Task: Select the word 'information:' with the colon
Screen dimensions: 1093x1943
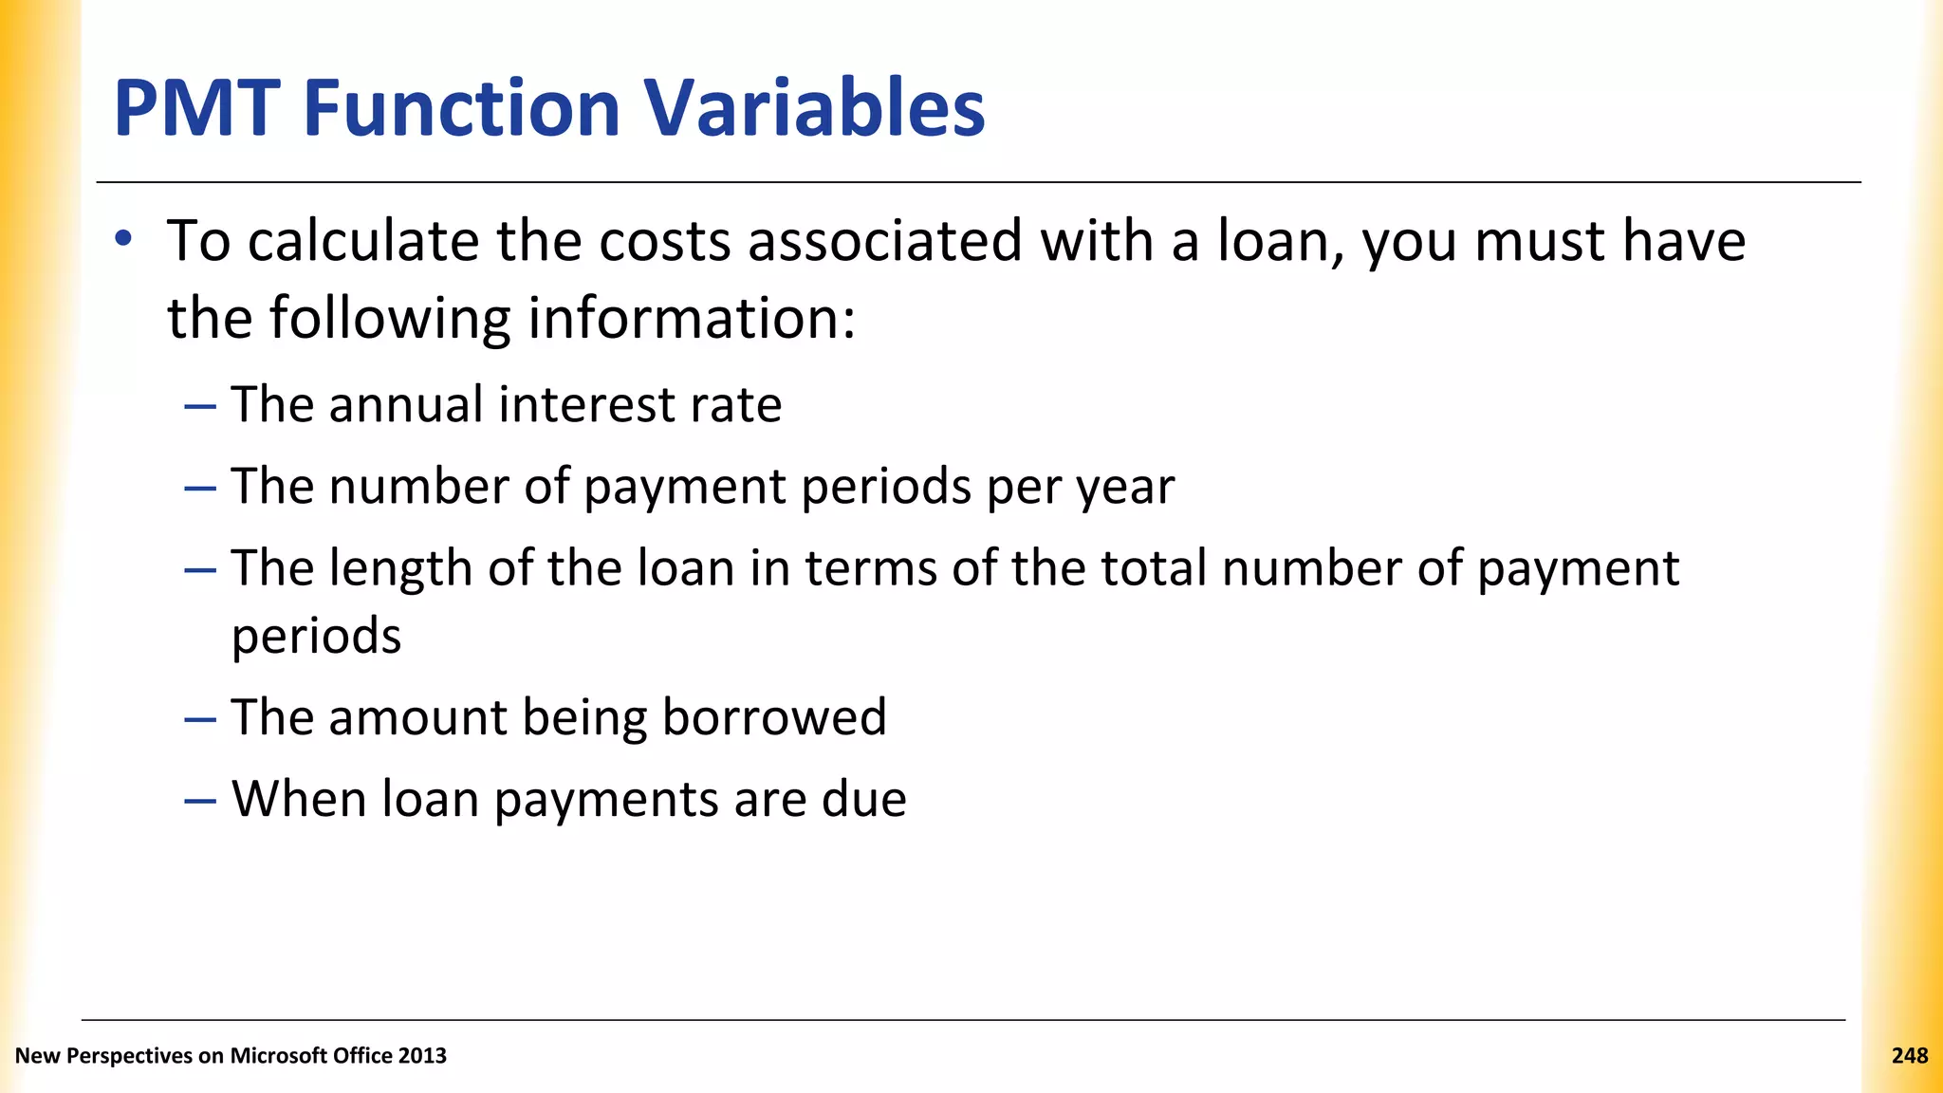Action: tap(692, 319)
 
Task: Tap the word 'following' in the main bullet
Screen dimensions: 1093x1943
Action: tap(390, 319)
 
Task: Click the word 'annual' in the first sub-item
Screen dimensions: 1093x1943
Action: tap(406, 405)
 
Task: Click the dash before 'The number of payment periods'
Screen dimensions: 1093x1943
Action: tap(200, 488)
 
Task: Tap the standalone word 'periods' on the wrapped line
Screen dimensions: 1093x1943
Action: tap(317, 638)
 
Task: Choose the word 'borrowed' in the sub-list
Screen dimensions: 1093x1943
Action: tap(774, 717)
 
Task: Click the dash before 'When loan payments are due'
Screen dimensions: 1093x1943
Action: tap(200, 800)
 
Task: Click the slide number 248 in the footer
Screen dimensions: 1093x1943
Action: tap(1909, 1056)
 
